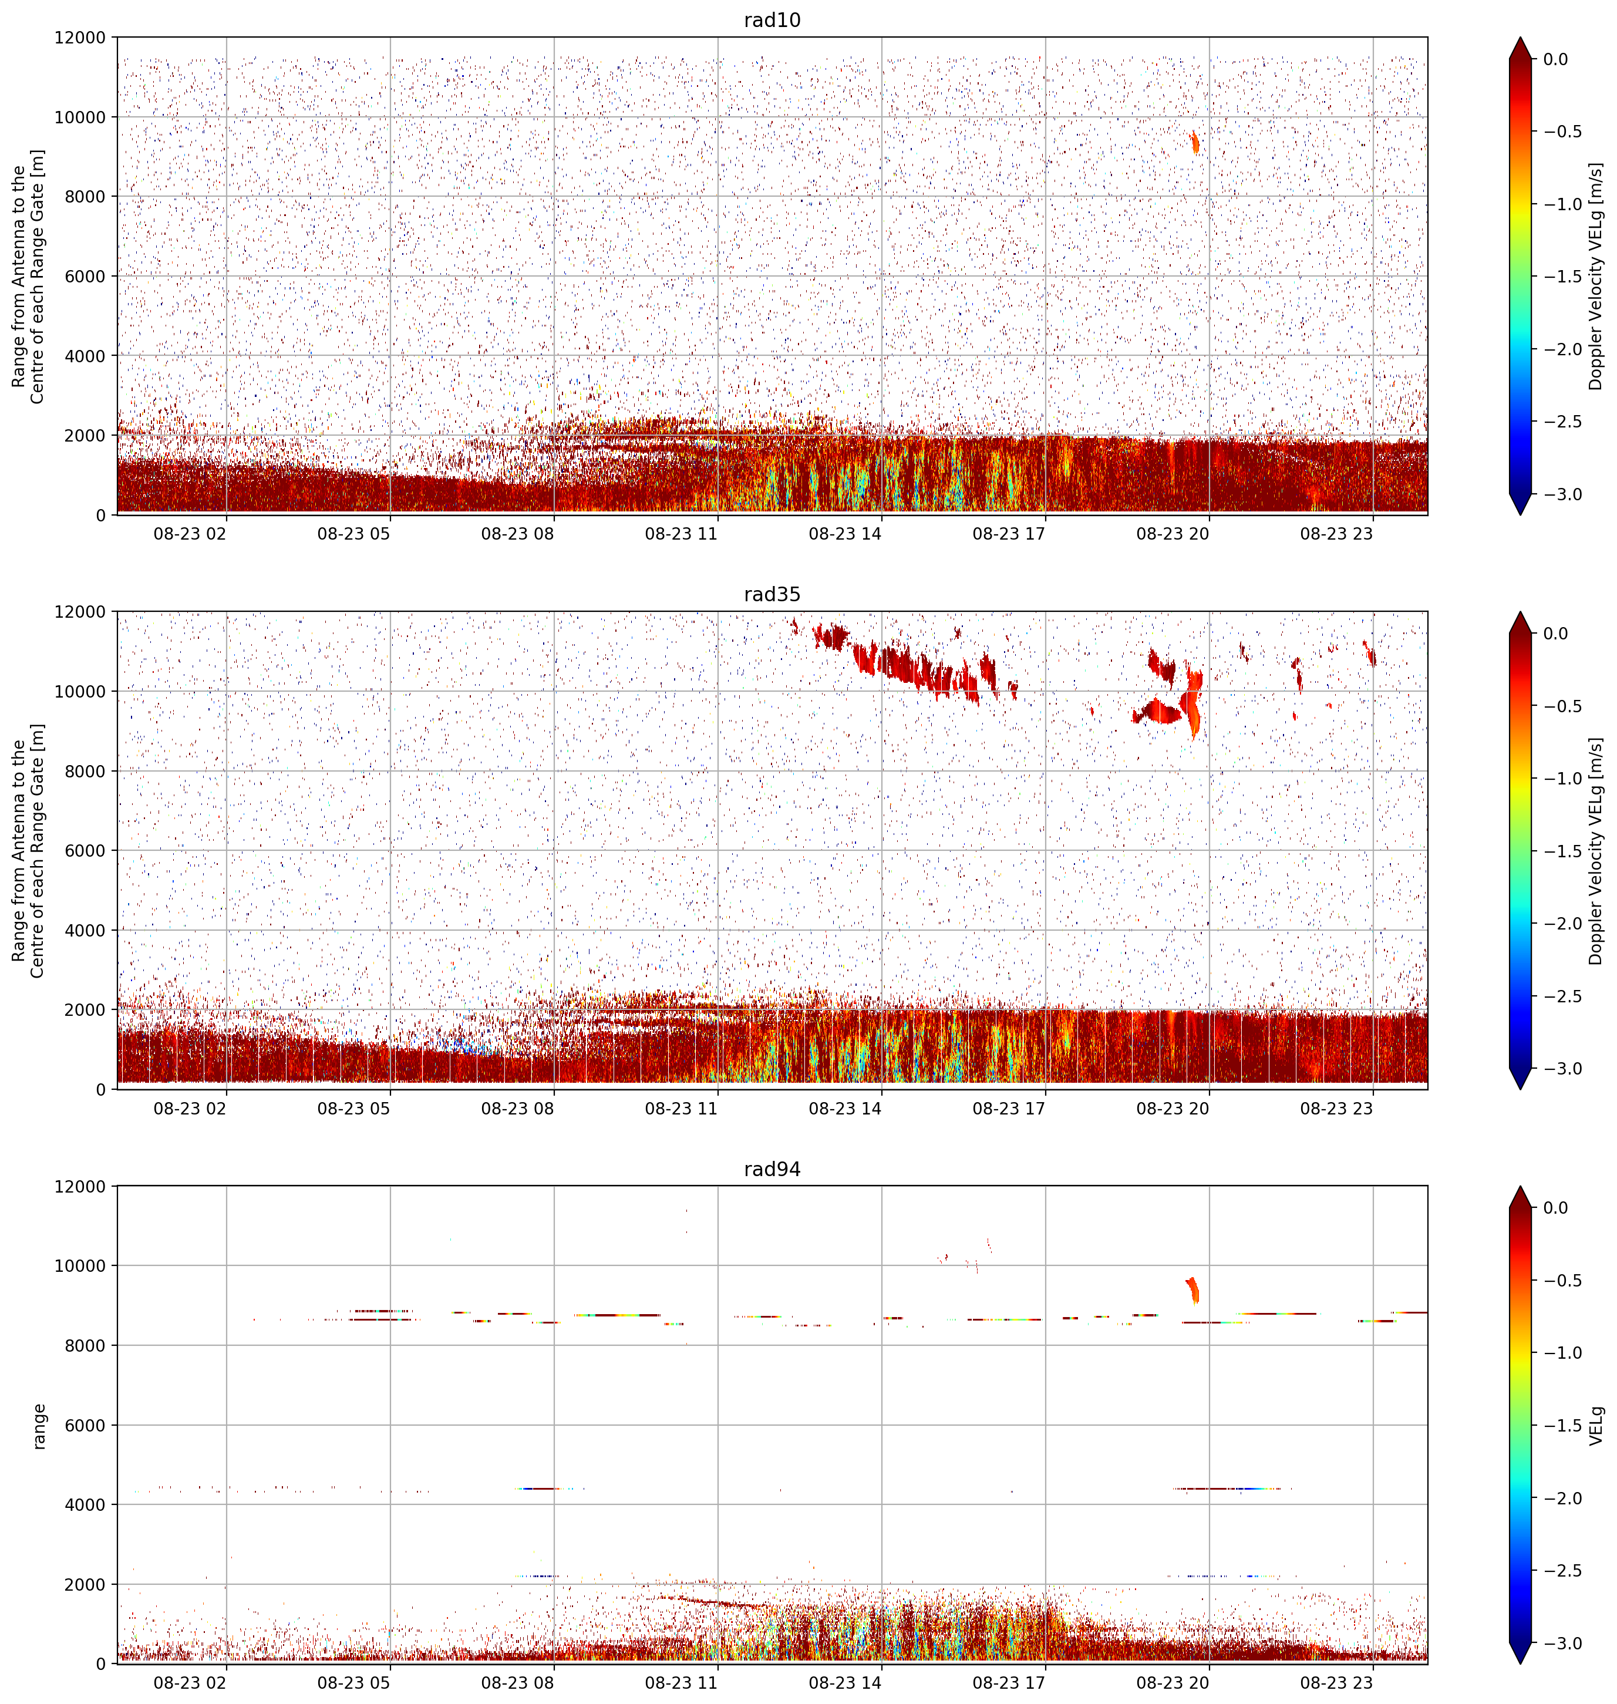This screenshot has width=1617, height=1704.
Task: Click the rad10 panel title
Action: [x=772, y=20]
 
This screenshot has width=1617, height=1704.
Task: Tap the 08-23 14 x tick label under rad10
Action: [x=845, y=534]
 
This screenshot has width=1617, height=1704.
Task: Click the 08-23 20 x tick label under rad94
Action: [x=1173, y=1682]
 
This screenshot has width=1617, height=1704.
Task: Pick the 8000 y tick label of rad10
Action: [x=85, y=197]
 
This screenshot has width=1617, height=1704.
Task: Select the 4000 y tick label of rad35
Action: [x=85, y=930]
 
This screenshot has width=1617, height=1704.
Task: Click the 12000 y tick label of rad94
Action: [x=80, y=1186]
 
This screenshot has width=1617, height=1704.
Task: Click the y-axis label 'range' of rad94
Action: [x=39, y=1426]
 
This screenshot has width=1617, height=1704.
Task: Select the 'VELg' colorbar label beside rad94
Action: [x=1596, y=1426]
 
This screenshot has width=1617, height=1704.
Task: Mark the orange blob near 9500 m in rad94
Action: [x=1194, y=1290]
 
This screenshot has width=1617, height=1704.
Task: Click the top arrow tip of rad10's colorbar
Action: [x=1521, y=37]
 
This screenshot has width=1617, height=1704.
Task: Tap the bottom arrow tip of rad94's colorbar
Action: [x=1521, y=1664]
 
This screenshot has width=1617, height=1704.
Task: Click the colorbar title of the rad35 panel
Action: [x=1596, y=851]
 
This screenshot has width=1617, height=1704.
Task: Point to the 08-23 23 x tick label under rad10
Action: [x=1336, y=534]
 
